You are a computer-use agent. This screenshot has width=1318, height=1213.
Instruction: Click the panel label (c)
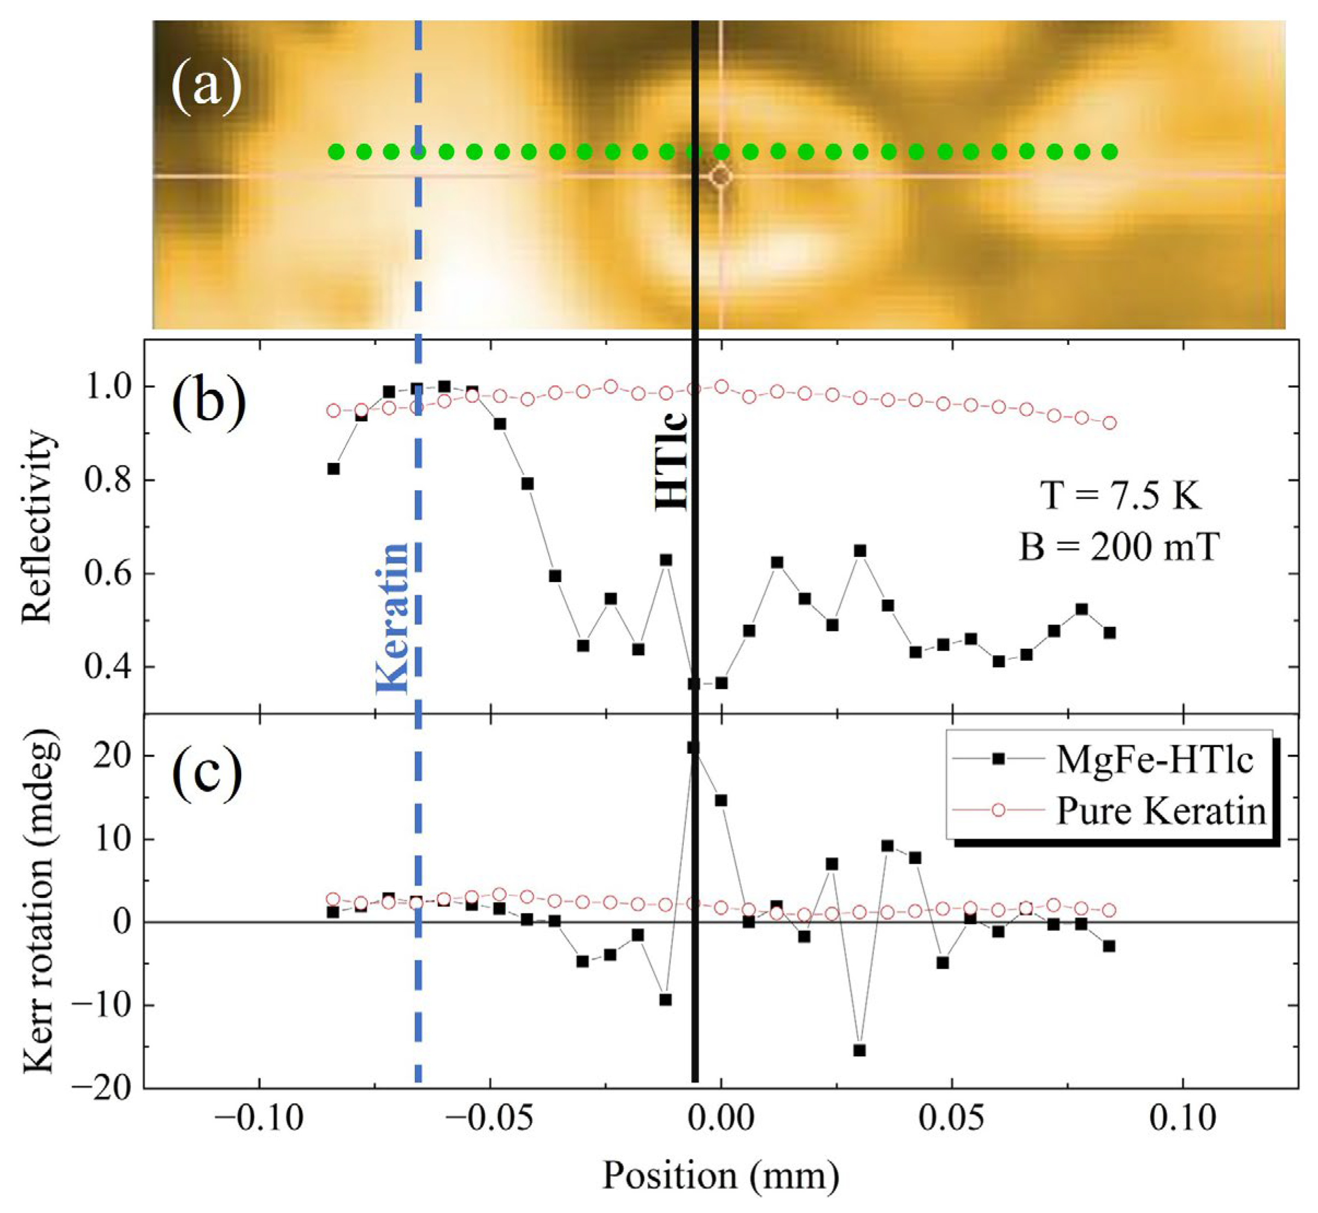coord(207,775)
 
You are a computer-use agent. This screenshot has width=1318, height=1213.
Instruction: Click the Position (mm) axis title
coord(720,1175)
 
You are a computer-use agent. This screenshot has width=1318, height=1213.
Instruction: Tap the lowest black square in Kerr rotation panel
coord(859,1051)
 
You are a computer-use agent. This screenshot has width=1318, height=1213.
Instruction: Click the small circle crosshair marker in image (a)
coord(720,177)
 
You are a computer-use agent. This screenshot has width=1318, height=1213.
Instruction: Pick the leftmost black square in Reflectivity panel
coord(333,468)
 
